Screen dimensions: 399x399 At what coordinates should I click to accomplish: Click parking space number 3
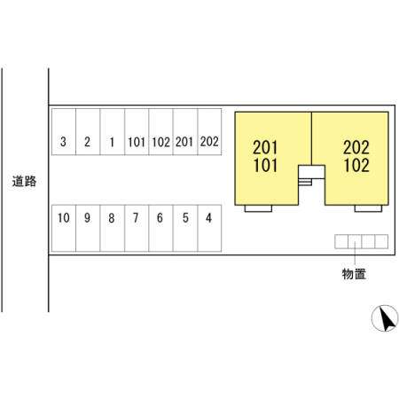pyautogui.click(x=64, y=132)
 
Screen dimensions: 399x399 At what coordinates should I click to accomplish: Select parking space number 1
pyautogui.click(x=113, y=132)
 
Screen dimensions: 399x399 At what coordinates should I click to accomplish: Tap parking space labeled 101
pyautogui.click(x=137, y=132)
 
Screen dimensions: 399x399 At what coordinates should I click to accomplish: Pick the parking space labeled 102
pyautogui.click(x=161, y=132)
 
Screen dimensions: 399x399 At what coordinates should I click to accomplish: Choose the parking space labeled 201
pyautogui.click(x=185, y=132)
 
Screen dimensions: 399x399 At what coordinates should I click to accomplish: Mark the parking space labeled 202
pyautogui.click(x=209, y=132)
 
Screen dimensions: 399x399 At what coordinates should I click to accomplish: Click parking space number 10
pyautogui.click(x=64, y=228)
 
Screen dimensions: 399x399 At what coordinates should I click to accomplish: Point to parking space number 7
pyautogui.click(x=137, y=228)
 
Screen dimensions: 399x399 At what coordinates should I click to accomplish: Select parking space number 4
pyautogui.click(x=209, y=228)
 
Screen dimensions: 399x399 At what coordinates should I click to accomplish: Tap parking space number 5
pyautogui.click(x=185, y=228)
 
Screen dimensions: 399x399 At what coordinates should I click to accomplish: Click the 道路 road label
pyautogui.click(x=24, y=181)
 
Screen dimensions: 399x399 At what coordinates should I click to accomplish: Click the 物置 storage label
pyautogui.click(x=354, y=274)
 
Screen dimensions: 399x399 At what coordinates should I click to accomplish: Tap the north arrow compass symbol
pyautogui.click(x=385, y=318)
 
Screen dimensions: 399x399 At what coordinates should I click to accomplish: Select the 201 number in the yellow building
pyautogui.click(x=265, y=147)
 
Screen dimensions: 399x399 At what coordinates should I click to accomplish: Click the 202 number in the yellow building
pyautogui.click(x=356, y=147)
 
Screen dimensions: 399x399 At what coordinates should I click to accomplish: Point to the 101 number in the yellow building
pyautogui.click(x=265, y=165)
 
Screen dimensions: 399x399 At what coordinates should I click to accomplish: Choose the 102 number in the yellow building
pyautogui.click(x=356, y=165)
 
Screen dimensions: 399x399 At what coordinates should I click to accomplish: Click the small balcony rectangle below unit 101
pyautogui.click(x=258, y=208)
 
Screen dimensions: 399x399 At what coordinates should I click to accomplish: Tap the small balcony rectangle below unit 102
pyautogui.click(x=368, y=208)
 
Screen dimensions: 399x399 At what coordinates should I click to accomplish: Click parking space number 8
pyautogui.click(x=113, y=228)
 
